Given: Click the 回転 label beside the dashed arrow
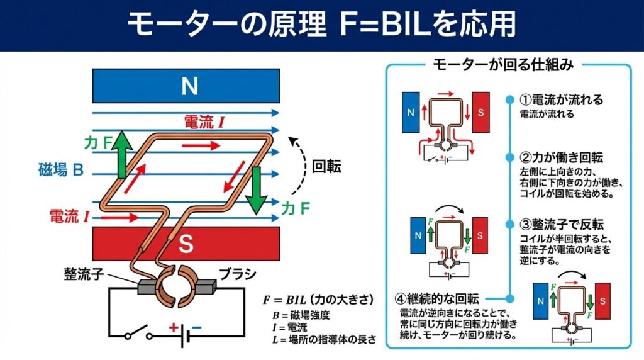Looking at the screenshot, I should click(x=327, y=167).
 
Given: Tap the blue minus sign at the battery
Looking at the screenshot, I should click(x=196, y=328).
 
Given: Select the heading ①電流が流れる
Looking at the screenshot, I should click(x=562, y=100).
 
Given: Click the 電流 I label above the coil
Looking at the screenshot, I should click(x=204, y=122).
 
